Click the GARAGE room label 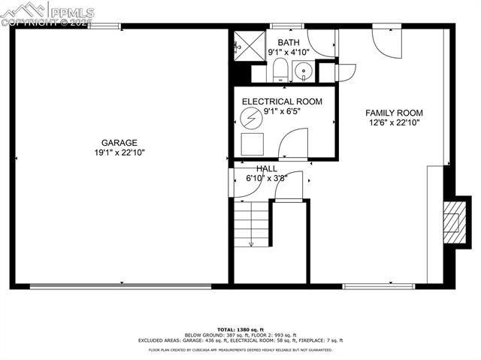point(120,142)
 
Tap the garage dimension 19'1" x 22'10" point(120,152)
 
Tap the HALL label point(267,169)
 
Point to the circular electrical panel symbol point(250,119)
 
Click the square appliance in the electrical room point(250,144)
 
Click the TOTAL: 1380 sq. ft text point(240,330)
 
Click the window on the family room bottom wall point(379,286)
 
